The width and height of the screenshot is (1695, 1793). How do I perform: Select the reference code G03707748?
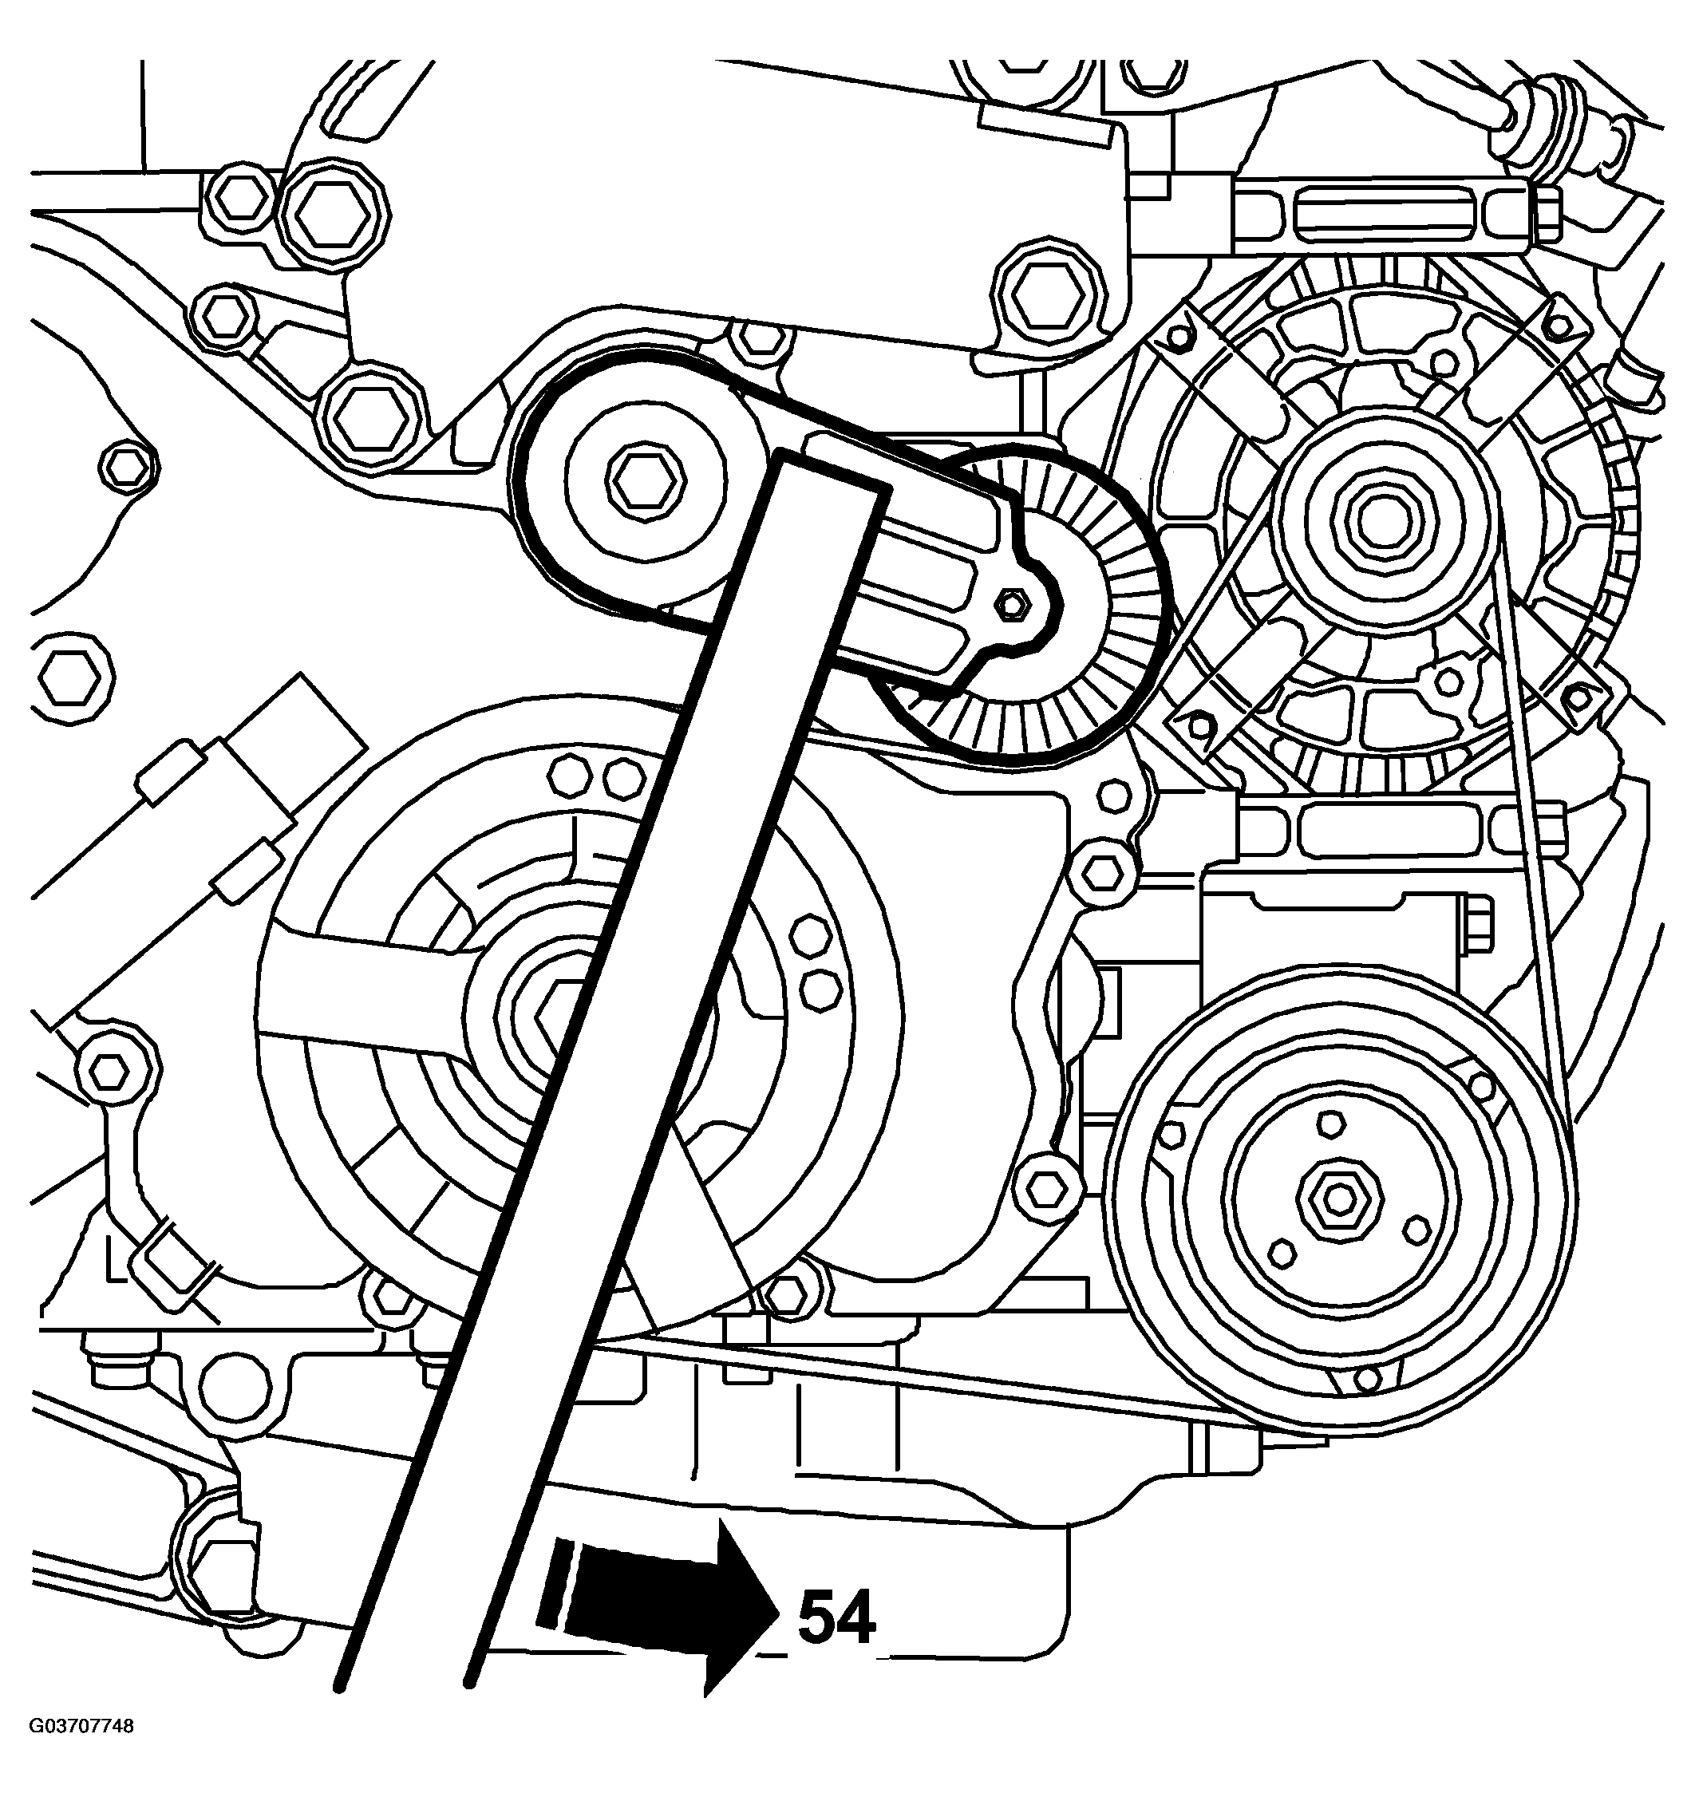tap(82, 1752)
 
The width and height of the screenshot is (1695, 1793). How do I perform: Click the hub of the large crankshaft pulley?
tap(542, 1012)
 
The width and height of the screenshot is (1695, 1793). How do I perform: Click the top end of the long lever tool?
tap(832, 474)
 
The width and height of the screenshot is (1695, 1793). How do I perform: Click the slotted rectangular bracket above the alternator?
tap(1382, 213)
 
